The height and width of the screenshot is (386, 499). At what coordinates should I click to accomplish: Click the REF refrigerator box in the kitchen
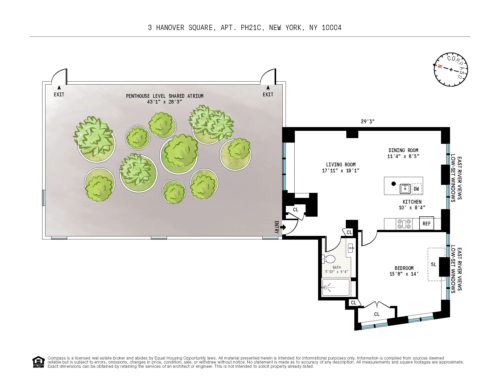[426, 224]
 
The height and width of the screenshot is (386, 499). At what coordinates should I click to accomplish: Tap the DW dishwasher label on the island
[416, 189]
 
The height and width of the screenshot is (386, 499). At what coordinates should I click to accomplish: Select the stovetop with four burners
[404, 224]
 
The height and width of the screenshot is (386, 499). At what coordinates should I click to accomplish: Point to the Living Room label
[341, 165]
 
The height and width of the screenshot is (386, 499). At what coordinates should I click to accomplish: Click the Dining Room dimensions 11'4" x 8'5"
[403, 156]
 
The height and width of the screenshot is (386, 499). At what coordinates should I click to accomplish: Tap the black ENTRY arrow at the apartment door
[283, 227]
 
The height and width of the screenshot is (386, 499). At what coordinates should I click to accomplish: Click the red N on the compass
[440, 67]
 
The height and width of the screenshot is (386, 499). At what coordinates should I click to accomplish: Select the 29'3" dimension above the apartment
[368, 122]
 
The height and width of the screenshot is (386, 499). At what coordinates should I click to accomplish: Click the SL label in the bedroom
[434, 264]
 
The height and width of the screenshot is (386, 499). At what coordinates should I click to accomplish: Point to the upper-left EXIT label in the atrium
[59, 95]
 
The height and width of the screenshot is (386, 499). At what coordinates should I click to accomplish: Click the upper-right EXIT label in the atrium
[268, 95]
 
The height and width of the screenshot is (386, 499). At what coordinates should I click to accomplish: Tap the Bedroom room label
[404, 268]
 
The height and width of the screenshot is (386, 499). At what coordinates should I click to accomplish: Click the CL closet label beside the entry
[296, 210]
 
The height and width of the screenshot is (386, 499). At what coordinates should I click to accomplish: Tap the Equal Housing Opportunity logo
[38, 362]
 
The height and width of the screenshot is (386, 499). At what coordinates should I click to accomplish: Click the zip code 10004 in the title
[331, 28]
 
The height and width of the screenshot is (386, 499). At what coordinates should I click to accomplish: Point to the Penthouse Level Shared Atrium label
[164, 96]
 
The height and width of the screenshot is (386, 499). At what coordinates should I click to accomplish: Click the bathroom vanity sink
[351, 248]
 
